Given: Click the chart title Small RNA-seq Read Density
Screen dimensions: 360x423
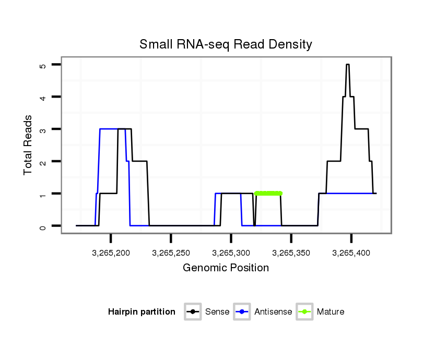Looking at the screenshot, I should pyautogui.click(x=226, y=44).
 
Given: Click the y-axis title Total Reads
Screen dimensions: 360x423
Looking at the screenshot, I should pyautogui.click(x=29, y=145).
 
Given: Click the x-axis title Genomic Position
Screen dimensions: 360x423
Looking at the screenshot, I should pyautogui.click(x=226, y=268).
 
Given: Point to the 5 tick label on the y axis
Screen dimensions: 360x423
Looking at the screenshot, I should pyautogui.click(x=43, y=65).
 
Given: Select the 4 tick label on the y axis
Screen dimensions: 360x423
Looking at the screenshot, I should pyautogui.click(x=43, y=98).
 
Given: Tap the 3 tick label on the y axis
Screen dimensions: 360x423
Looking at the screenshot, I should pyautogui.click(x=43, y=130).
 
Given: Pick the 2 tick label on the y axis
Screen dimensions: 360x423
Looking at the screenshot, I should pyautogui.click(x=43, y=162).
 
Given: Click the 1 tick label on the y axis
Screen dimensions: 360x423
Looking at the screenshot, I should pyautogui.click(x=43, y=194).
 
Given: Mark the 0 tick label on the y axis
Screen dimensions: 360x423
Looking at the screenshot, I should pyautogui.click(x=43, y=226).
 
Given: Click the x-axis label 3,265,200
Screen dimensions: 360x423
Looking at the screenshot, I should pyautogui.click(x=111, y=253).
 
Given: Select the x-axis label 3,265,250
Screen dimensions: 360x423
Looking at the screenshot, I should pyautogui.click(x=171, y=253).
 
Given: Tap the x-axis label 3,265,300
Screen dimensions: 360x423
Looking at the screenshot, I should pyautogui.click(x=231, y=253).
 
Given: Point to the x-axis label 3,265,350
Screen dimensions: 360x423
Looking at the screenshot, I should pyautogui.click(x=291, y=253).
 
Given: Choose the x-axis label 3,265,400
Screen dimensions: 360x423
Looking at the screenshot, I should pyautogui.click(x=351, y=253).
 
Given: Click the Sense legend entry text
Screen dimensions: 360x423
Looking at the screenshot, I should pyautogui.click(x=217, y=312).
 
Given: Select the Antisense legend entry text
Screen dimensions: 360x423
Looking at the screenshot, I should pyautogui.click(x=273, y=312).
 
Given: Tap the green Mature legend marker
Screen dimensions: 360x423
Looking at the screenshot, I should pyautogui.click(x=304, y=312).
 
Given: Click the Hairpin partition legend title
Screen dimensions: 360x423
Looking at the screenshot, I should pyautogui.click(x=142, y=312).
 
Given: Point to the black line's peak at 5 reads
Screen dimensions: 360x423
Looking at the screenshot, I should pyautogui.click(x=348, y=65).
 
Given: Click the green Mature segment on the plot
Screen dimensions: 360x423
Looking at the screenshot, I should pyautogui.click(x=268, y=194).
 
